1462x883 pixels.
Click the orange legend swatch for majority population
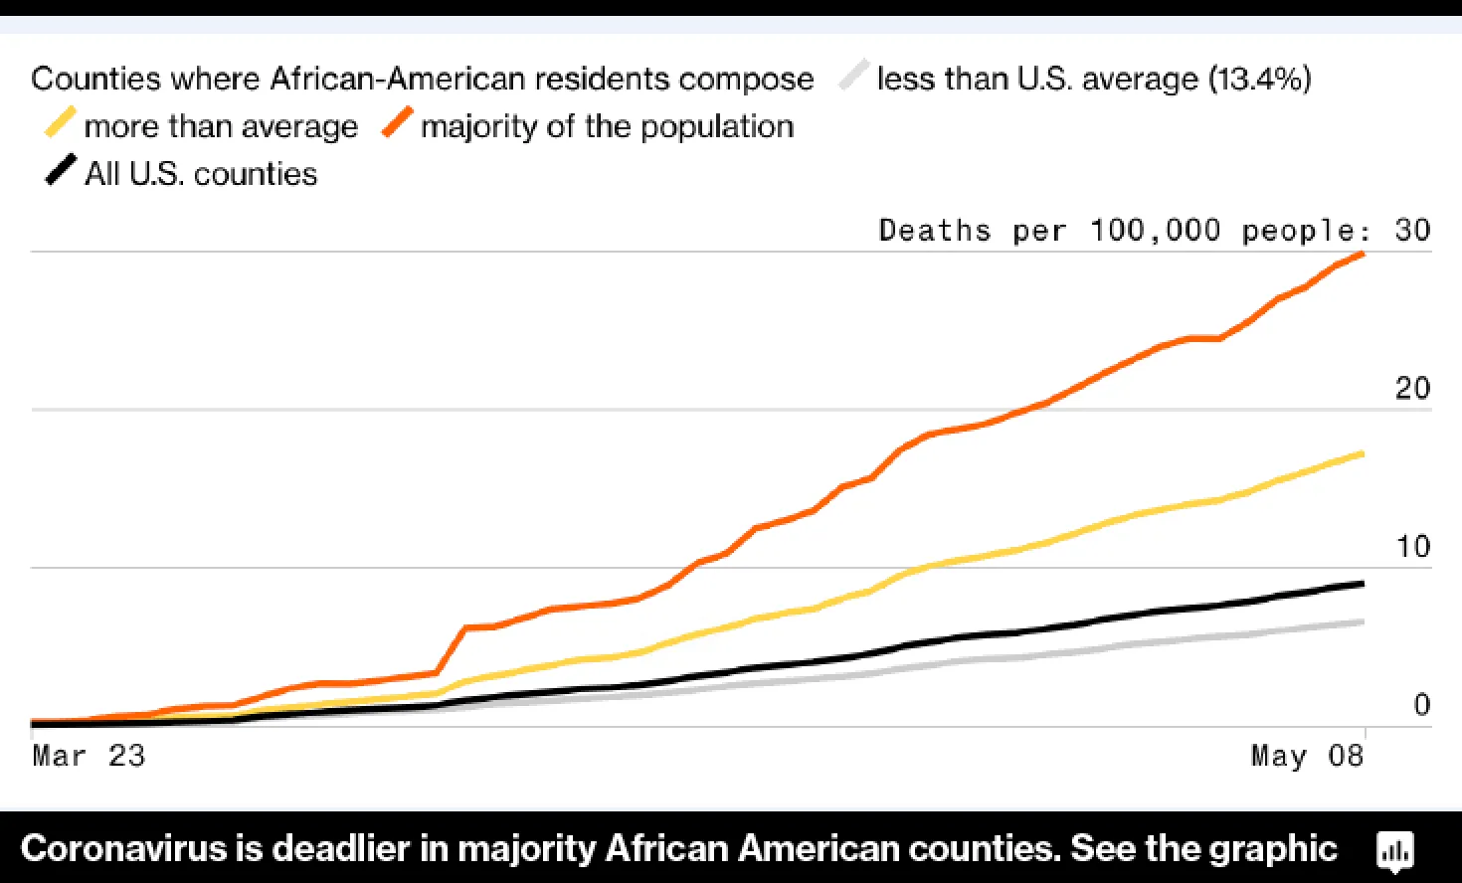(x=398, y=124)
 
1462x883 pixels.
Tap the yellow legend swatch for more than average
(x=60, y=124)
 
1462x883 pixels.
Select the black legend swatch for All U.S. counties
(x=60, y=171)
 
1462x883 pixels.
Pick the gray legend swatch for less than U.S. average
(x=853, y=77)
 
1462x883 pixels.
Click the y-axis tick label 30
(x=1412, y=231)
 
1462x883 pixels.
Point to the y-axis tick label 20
(x=1412, y=388)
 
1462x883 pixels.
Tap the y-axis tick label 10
(x=1412, y=546)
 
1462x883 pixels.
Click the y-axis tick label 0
(x=1422, y=705)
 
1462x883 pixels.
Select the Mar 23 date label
(x=89, y=756)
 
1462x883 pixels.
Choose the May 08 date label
(x=1307, y=756)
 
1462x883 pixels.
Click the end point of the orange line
(x=1362, y=255)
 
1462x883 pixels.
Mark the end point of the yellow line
(x=1362, y=454)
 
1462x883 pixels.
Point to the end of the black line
(x=1362, y=584)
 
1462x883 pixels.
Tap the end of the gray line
(x=1362, y=622)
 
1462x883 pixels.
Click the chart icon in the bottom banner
(x=1394, y=850)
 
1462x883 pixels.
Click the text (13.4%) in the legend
(x=1259, y=79)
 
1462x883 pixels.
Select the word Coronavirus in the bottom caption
(x=124, y=849)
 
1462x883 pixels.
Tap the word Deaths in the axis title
(x=935, y=231)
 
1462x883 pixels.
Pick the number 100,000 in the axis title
(x=1155, y=231)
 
